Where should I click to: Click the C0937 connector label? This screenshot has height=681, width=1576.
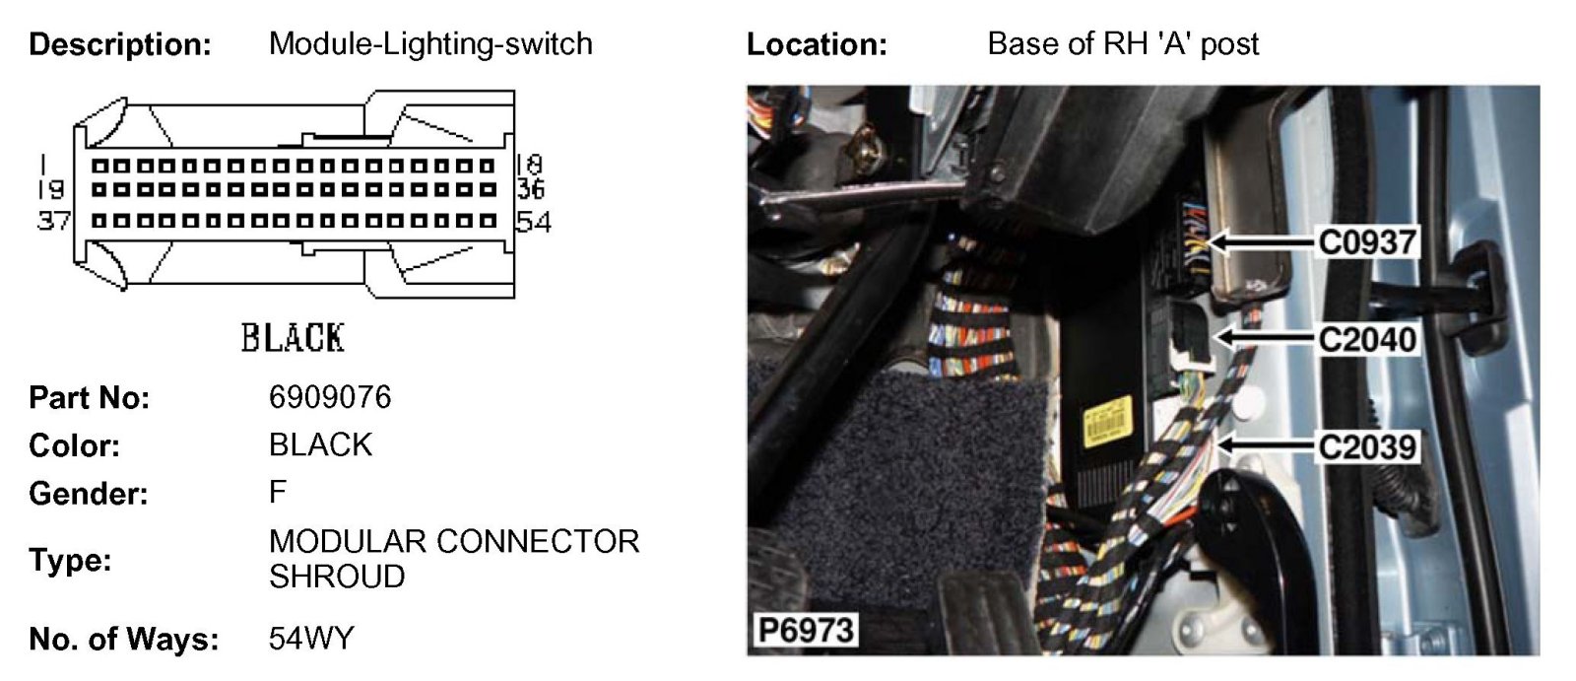click(1367, 241)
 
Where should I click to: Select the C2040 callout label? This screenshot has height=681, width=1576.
click(1367, 339)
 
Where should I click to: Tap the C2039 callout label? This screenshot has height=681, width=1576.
click(1367, 446)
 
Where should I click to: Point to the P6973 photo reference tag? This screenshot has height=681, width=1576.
click(806, 630)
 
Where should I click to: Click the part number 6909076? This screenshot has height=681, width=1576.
click(330, 397)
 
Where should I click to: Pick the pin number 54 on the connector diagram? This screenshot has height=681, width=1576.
click(533, 222)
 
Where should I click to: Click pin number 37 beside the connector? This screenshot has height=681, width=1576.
click(52, 221)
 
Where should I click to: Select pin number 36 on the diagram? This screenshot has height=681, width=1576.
click(531, 188)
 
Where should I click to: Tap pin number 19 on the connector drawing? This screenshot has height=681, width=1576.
click(51, 188)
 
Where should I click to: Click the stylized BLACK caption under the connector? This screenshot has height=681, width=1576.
click(293, 338)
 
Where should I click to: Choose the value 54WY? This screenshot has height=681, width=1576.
click(310, 639)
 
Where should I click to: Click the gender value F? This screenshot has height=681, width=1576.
click(278, 492)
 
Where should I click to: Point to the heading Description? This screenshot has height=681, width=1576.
click(120, 44)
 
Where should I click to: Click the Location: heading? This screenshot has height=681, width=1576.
click(817, 44)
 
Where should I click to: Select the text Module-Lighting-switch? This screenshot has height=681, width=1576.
click(430, 44)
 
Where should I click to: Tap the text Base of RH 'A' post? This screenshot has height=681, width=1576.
click(1123, 44)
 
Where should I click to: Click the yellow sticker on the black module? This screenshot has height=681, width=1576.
click(1104, 424)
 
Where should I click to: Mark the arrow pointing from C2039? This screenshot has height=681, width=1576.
click(1266, 446)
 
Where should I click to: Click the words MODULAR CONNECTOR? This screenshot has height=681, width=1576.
click(454, 541)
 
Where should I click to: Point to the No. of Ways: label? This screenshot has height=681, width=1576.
click(124, 640)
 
